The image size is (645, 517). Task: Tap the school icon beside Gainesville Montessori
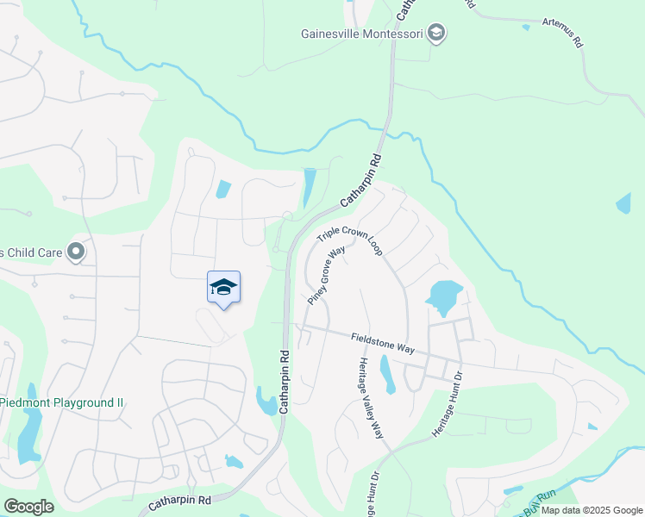(437, 34)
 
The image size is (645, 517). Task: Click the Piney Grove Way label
(326, 275)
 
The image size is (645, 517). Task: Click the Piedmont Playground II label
(62, 402)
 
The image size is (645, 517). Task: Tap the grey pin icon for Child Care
(76, 252)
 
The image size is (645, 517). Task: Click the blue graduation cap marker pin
(223, 288)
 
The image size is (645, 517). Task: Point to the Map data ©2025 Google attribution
(592, 510)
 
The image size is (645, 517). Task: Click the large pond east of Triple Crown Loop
(443, 297)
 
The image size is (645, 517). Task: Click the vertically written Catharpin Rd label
(283, 381)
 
